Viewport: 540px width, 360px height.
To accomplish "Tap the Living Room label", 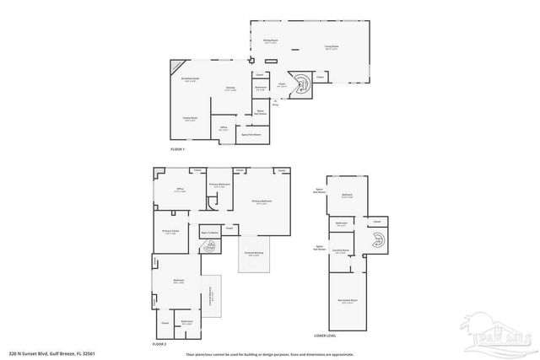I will [x=332, y=48].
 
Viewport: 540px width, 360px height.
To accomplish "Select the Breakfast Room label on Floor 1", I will [x=189, y=80].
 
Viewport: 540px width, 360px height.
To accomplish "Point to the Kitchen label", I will [x=229, y=89].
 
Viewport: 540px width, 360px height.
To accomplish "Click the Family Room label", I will [x=190, y=120].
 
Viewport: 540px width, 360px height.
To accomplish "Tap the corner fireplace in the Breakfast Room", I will [x=175, y=65].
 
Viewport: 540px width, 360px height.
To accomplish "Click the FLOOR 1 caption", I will [x=177, y=149].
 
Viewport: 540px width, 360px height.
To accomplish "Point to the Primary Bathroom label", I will [x=220, y=185].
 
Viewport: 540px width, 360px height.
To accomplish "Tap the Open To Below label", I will [x=209, y=232].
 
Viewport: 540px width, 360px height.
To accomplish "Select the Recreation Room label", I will [x=347, y=301].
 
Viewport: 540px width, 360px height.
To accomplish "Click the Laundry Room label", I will [x=340, y=251].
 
